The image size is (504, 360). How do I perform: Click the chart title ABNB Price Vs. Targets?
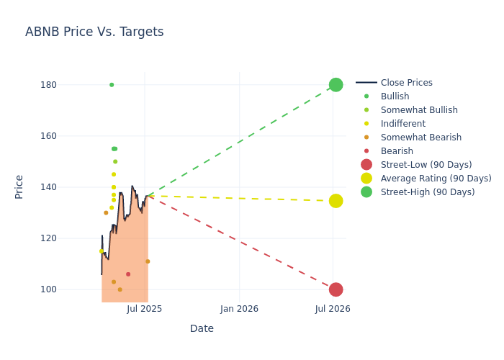[94, 32]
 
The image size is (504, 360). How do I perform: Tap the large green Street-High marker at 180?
[336, 85]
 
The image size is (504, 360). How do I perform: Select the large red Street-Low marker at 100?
[336, 289]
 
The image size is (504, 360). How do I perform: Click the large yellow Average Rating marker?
[336, 201]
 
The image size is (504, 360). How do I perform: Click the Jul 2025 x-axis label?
[144, 309]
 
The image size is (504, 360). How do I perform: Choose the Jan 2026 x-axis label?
[239, 309]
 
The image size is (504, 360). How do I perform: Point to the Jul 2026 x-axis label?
[333, 309]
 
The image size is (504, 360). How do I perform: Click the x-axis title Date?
[202, 329]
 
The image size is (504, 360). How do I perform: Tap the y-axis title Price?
[19, 186]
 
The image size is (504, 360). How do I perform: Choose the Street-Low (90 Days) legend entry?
[426, 165]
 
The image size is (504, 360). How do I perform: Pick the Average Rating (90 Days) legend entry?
[436, 179]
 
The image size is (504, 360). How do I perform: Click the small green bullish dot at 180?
[112, 85]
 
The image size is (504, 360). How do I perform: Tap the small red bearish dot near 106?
[128, 274]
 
